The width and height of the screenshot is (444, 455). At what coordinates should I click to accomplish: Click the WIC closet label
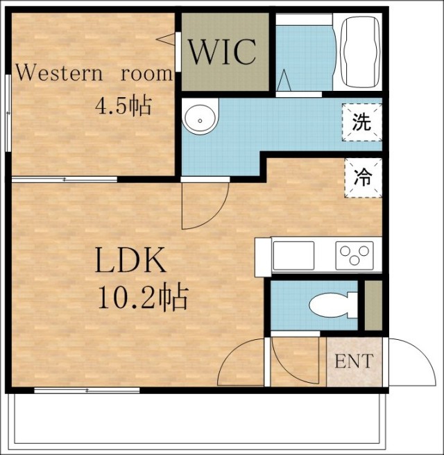pos(222,52)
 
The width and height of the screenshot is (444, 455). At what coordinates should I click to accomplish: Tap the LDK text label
pos(131,259)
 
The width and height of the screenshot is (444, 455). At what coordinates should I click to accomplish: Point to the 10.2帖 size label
pos(144,296)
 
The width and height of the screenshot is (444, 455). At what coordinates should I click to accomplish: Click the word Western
pos(59,73)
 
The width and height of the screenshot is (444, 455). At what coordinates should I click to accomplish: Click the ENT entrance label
pos(354,361)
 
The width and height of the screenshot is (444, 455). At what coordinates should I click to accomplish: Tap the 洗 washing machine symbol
pos(361,123)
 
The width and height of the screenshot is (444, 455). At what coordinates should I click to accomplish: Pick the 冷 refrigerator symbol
pos(363,178)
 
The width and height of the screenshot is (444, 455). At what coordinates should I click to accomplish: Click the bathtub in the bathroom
pos(361,51)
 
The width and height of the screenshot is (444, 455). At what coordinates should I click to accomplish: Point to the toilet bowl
pos(333,305)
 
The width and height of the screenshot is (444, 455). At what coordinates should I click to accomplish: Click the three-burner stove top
pos(355,255)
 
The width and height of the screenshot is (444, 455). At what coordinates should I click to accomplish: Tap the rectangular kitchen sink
pos(293,256)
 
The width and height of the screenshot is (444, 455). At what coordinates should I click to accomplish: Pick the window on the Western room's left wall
pos(8,113)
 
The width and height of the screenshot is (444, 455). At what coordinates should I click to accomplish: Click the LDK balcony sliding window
pos(87,390)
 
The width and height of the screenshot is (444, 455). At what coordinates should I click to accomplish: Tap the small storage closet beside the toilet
pos(373,305)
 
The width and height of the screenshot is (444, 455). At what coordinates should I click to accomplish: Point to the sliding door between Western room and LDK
pos(65,180)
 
